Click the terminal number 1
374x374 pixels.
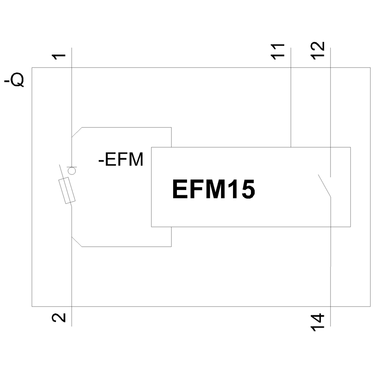(x=59, y=57)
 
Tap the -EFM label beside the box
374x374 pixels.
(x=120, y=160)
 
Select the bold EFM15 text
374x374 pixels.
(x=214, y=190)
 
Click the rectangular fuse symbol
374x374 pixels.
(x=67, y=191)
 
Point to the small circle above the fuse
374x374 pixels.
(x=71, y=171)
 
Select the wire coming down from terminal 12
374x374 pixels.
(x=331, y=112)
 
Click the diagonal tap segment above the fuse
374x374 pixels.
(x=77, y=132)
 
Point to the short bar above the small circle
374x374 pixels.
(x=71, y=166)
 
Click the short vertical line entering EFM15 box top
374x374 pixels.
(x=171, y=137)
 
